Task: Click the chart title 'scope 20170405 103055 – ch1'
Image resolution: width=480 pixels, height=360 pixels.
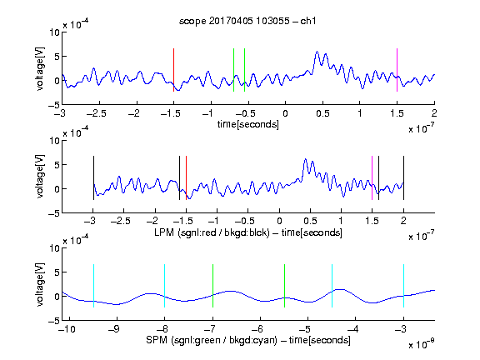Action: [x=247, y=21]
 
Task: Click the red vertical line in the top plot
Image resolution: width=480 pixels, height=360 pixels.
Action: [x=173, y=70]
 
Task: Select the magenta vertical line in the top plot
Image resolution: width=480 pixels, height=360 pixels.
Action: [x=397, y=70]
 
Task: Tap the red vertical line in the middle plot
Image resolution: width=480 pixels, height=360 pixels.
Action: [x=186, y=177]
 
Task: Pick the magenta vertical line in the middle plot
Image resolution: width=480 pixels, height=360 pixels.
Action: [x=372, y=177]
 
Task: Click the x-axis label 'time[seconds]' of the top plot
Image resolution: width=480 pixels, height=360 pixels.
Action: [x=248, y=124]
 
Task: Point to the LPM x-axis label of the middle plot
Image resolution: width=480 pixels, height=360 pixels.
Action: [x=248, y=232]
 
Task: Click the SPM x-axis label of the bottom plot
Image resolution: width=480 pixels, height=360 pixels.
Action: [x=248, y=340]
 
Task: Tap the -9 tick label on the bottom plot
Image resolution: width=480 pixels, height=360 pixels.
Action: [x=114, y=329]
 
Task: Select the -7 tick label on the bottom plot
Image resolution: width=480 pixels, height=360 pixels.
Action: [x=210, y=329]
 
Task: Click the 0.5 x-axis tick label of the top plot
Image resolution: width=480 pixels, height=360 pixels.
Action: [x=322, y=113]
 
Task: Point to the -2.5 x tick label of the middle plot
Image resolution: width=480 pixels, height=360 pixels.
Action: [x=120, y=221]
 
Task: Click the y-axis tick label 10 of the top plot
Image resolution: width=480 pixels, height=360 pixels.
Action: [x=54, y=32]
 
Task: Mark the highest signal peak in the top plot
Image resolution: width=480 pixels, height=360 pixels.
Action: [x=317, y=52]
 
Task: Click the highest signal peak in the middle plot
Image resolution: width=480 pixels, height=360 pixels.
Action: [x=305, y=159]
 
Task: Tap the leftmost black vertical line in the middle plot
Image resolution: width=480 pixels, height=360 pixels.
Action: [x=93, y=177]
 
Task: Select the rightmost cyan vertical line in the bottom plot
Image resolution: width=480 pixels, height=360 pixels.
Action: [x=403, y=286]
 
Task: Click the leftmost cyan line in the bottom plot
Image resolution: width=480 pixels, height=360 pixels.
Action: [x=93, y=286]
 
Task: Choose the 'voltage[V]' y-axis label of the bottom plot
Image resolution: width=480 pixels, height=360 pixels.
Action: [x=40, y=284]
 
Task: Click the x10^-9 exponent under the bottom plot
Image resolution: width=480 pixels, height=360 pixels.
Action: [x=421, y=345]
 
